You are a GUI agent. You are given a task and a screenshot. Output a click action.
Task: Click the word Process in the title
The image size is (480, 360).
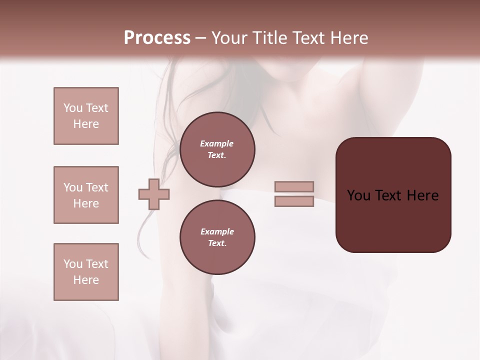point(157,38)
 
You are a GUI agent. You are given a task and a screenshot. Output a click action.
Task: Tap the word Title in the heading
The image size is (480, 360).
point(268,38)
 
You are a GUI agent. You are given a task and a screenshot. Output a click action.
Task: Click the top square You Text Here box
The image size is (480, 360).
point(86,116)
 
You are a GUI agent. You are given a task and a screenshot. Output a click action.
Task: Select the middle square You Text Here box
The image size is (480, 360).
point(86,195)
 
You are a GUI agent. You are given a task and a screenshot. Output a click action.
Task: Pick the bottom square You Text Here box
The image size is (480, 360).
point(86,272)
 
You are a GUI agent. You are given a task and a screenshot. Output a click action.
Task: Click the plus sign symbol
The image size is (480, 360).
point(154,194)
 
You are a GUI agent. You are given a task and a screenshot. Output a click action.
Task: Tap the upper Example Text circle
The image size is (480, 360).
point(217,149)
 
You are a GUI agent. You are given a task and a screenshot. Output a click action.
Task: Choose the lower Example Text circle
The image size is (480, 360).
point(217,237)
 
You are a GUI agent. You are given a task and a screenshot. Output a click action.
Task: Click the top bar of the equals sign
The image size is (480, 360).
point(294,186)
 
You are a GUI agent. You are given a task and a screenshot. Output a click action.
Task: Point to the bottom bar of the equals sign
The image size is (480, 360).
point(294,201)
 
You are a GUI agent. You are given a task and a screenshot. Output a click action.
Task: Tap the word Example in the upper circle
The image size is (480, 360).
point(217,143)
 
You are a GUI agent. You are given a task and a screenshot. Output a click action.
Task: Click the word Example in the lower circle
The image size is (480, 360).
point(217,231)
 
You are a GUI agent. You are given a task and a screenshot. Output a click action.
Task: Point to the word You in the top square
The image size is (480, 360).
point(73,108)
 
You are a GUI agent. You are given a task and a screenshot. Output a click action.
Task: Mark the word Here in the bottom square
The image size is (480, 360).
point(86,280)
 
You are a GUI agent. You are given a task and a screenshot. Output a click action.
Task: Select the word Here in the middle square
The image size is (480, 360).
point(86,203)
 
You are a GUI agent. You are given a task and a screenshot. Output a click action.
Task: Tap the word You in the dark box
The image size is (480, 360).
point(358,195)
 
